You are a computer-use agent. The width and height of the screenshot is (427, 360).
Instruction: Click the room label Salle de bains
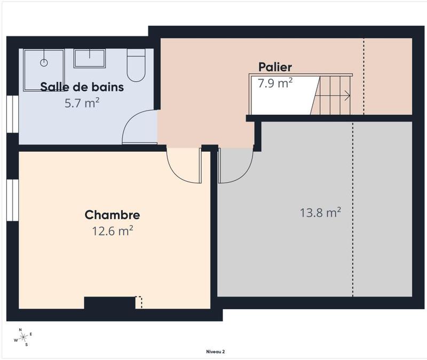tap(82, 87)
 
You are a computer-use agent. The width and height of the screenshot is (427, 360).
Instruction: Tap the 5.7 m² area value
tap(82, 103)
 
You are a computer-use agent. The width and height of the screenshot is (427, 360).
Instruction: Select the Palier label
tap(275, 67)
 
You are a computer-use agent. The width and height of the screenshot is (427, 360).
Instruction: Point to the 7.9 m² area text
tap(275, 83)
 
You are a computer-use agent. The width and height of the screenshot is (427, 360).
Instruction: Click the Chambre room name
tap(112, 215)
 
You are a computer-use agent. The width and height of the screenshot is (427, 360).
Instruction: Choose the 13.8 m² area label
tap(320, 213)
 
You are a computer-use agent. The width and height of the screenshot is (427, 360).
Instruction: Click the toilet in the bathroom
tap(136, 66)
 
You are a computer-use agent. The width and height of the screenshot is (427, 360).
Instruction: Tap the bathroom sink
tap(89, 58)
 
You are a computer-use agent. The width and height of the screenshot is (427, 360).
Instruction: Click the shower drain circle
tap(44, 63)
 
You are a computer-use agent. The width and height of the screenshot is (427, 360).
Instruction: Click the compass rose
tap(23, 337)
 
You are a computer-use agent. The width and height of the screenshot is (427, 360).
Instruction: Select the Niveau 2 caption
tap(216, 351)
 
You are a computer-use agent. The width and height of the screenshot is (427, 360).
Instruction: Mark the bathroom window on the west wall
tap(12, 113)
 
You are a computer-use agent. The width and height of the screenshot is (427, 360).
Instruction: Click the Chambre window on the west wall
tap(12, 199)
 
